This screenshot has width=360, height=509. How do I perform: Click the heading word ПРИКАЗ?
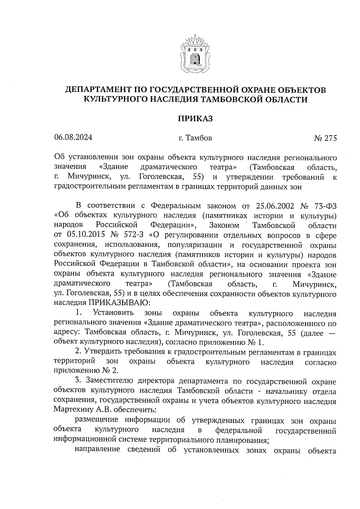click(x=195, y=118)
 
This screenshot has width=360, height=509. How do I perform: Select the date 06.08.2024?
click(x=73, y=137)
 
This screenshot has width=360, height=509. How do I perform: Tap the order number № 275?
click(x=325, y=138)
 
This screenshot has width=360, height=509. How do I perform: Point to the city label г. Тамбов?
click(x=195, y=138)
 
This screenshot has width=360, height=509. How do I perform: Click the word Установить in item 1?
click(x=113, y=313)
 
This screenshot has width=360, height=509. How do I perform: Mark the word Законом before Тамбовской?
click(x=224, y=225)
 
